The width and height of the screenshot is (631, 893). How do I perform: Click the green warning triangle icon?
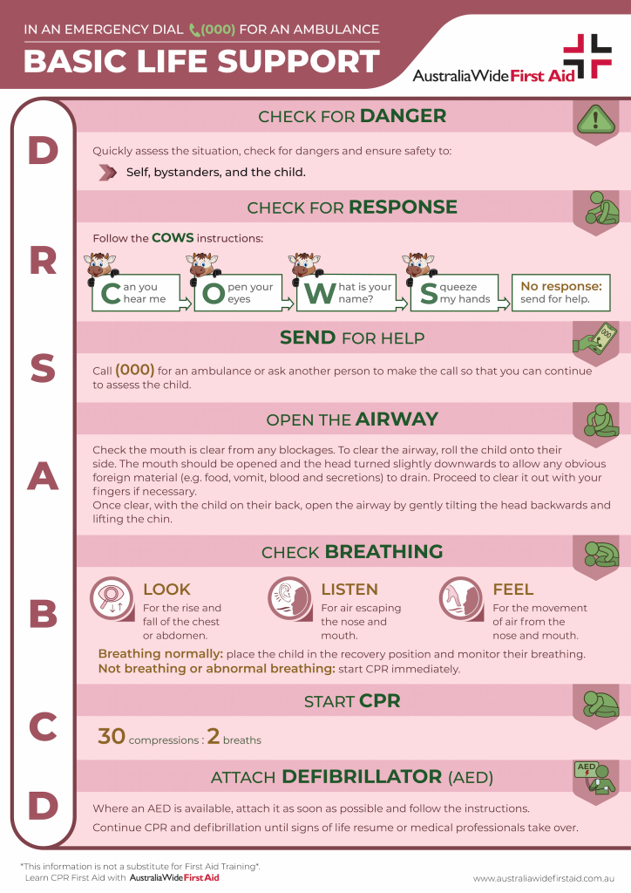596,119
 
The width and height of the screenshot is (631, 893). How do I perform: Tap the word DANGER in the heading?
403,116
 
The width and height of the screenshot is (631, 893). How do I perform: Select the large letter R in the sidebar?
44,262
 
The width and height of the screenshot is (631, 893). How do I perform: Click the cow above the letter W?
305,266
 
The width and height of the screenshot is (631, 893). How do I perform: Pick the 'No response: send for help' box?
561,293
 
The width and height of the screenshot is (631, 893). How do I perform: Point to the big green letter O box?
239,293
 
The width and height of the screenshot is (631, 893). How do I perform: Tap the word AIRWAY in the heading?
397,419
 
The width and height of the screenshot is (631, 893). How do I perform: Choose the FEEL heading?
512,590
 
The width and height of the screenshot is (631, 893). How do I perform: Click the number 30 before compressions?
112,736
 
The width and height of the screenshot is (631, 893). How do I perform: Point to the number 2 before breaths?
214,736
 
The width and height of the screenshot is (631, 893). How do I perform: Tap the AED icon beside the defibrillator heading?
595,777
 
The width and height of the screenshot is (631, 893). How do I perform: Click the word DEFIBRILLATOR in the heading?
362,777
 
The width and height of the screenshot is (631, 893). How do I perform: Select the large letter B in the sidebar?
44,614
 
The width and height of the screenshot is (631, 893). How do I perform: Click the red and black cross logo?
587,56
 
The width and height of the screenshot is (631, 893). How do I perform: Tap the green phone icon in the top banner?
194,30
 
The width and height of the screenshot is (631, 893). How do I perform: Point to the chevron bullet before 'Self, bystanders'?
107,172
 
